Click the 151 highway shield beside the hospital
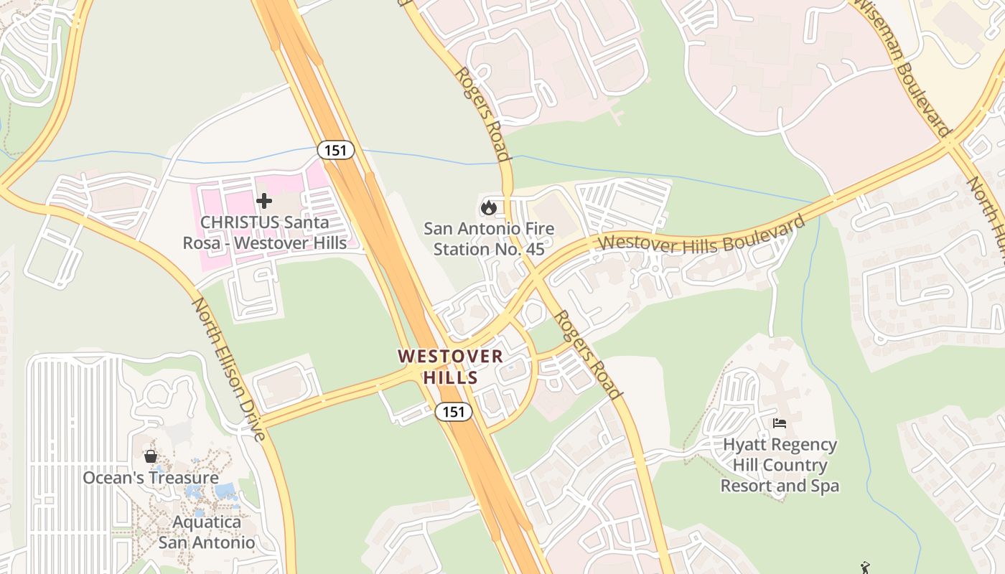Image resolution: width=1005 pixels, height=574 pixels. coord(336,150)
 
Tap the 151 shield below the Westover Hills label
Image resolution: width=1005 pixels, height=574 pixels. coord(454,412)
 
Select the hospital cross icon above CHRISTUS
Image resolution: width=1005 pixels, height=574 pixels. coord(264,201)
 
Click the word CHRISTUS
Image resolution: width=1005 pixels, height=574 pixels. coord(239,222)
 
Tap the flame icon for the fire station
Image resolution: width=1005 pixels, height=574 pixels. coord(489,207)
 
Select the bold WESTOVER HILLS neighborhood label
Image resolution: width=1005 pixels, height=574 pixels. coord(451,367)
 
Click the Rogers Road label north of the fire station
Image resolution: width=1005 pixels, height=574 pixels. coord(481,113)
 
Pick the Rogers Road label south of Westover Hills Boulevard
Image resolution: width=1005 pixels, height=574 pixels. coord(588,354)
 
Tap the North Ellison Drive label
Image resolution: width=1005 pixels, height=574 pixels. coord(228,369)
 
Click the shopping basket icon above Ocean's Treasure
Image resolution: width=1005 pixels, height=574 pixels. coord(151,456)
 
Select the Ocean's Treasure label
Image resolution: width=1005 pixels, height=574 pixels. coord(151,478)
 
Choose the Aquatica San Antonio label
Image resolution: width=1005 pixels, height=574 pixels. coord(207,532)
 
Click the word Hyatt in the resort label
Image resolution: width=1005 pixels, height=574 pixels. coord(744,445)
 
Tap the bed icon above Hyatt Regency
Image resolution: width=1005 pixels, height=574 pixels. coord(780,423)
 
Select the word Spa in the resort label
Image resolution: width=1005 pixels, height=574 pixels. coord(823,486)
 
